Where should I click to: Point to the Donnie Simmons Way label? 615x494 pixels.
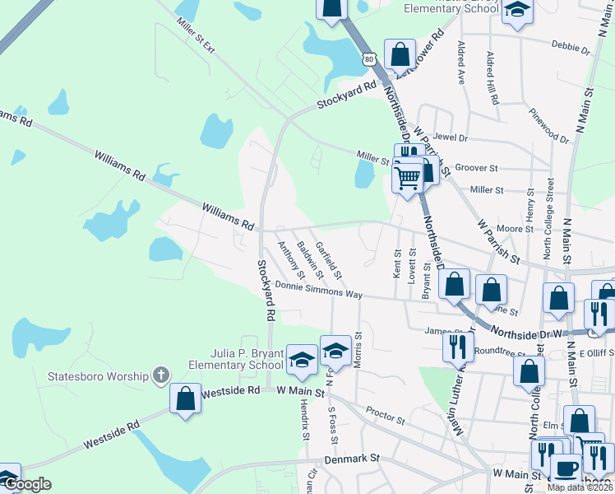pyautogui.click(x=318, y=289)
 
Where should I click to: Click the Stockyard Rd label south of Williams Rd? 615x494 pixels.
pyautogui.click(x=265, y=291)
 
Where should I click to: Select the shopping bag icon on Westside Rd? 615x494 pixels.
pyautogui.click(x=186, y=398)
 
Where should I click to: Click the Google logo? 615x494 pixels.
pyautogui.click(x=28, y=483)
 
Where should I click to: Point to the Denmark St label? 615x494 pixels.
pyautogui.click(x=351, y=458)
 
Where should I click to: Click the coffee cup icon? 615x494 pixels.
pyautogui.click(x=565, y=468)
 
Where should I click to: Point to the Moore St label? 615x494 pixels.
pyautogui.click(x=510, y=228)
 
